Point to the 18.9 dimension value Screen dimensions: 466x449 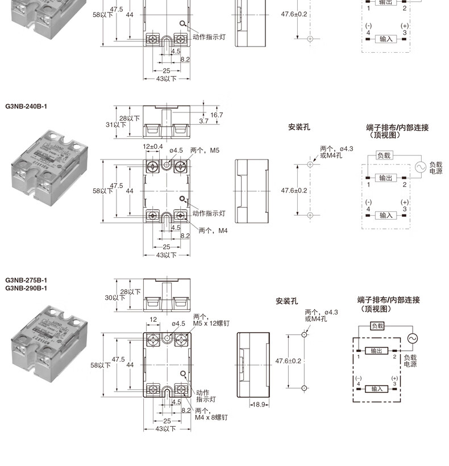click(259, 405)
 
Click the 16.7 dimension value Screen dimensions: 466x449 click(217, 115)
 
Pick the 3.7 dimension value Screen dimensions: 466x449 click(204, 121)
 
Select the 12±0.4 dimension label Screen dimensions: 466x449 click(153, 146)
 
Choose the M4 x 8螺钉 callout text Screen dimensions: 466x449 click(211, 417)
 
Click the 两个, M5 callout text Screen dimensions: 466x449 click(205, 150)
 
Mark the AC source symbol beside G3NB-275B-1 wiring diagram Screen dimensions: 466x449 click(412, 338)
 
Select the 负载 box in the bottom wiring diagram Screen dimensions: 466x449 click(377, 326)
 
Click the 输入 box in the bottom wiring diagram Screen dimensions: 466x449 click(377, 389)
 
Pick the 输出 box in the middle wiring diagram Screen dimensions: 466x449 click(386, 178)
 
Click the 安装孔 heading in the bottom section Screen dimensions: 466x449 click(286, 301)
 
